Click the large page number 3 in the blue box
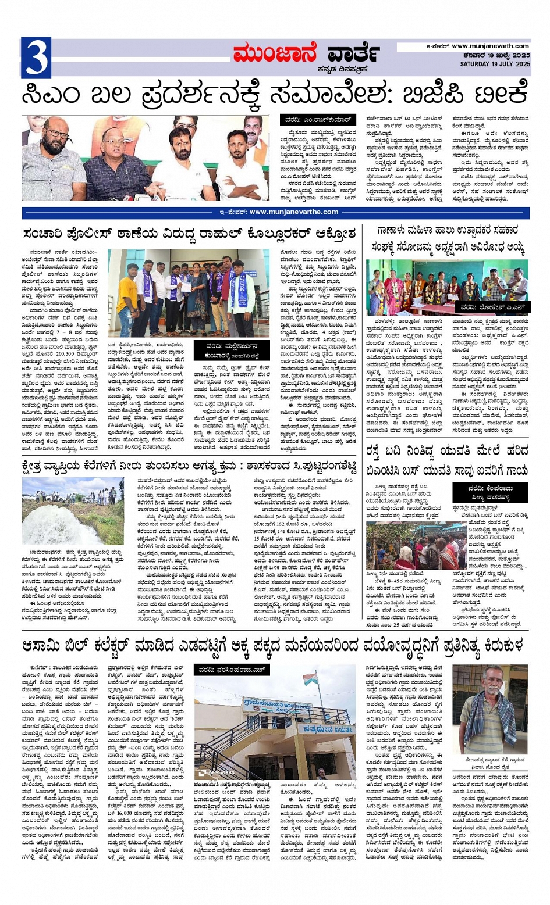(36, 58)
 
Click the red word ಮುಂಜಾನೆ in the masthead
(274, 54)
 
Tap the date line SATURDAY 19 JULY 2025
(495, 63)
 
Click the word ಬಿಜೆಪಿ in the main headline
(431, 94)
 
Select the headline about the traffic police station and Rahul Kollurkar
(189, 234)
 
